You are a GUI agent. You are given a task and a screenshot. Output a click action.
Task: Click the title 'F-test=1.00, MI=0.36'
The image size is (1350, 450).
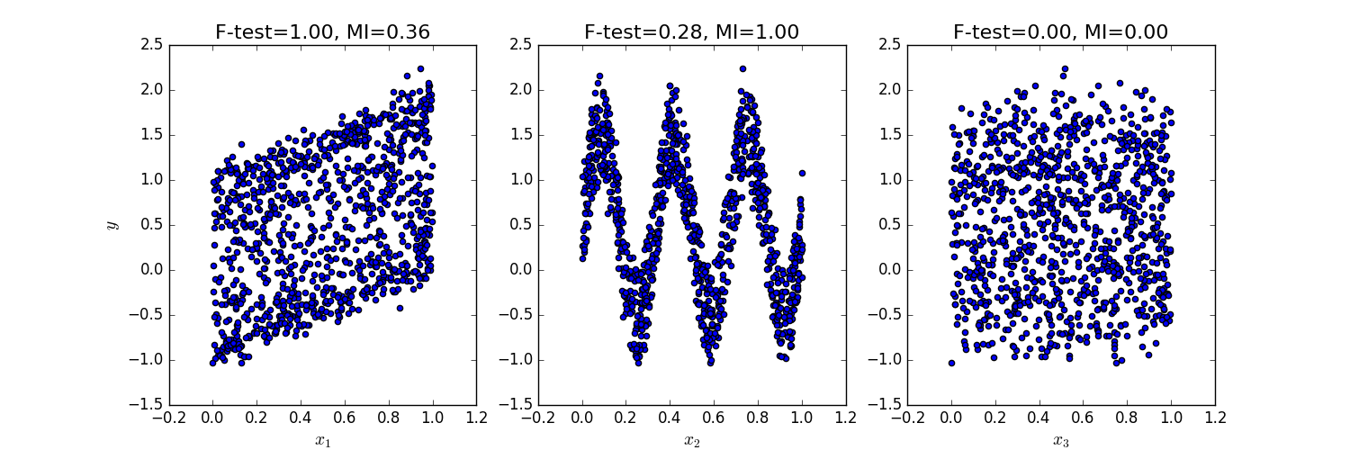322,32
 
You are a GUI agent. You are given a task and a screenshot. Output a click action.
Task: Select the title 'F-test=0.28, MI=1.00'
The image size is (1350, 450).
691,32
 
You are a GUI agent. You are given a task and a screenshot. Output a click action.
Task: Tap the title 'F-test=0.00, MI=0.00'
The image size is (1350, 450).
1060,32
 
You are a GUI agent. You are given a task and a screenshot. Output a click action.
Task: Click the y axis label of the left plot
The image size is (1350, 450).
112,224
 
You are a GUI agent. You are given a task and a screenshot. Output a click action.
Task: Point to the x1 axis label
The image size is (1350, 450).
322,440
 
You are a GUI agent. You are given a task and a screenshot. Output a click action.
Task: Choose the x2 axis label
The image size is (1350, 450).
691,440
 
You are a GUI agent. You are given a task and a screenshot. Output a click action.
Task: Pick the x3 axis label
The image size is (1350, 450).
1060,440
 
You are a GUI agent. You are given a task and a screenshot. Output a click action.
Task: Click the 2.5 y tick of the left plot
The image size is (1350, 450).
151,45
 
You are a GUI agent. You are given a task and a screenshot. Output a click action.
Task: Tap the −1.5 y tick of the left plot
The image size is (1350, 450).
148,405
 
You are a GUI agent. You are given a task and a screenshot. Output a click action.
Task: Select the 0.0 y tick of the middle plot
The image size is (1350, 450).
520,270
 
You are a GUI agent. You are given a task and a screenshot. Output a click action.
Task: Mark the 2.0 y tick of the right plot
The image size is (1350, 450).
889,90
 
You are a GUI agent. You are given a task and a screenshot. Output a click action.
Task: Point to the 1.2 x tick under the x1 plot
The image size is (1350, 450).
476,418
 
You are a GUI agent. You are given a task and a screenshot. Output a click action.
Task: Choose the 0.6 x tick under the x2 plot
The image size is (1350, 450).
714,418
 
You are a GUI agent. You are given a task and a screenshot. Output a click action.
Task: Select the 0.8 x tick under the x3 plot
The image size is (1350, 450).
1127,418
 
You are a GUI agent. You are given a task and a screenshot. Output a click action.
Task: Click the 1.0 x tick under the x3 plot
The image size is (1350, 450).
1171,418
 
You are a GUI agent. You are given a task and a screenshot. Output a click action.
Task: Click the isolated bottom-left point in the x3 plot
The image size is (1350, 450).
951,363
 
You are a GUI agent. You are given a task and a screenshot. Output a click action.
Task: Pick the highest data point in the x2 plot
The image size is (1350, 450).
742,68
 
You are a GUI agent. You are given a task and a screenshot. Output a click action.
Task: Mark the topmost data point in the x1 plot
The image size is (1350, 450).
420,68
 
